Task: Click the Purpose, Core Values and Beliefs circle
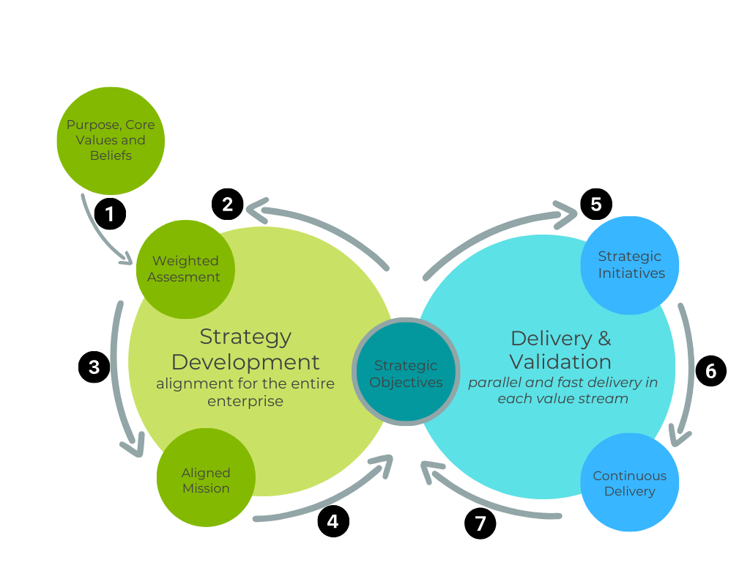[111, 140]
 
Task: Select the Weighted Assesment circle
[185, 269]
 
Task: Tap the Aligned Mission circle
[206, 478]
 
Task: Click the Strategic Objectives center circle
[406, 372]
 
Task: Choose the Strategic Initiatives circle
[630, 265]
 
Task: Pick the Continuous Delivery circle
[630, 482]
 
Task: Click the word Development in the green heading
[245, 362]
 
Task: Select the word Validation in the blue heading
[560, 361]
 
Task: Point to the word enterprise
[245, 401]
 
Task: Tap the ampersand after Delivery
[603, 338]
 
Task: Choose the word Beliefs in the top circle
[111, 155]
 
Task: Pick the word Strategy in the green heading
[245, 336]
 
